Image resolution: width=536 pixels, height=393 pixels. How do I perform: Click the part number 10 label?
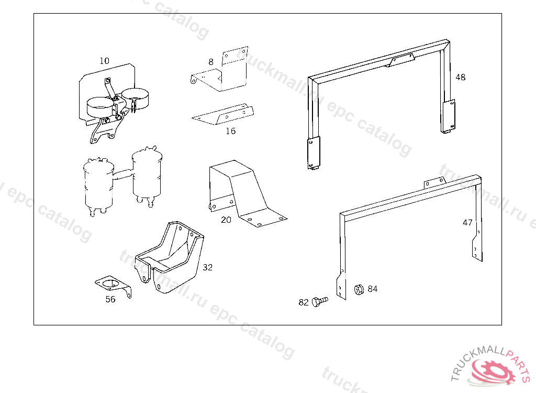click(105, 61)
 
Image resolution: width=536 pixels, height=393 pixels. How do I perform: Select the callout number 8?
click(211, 62)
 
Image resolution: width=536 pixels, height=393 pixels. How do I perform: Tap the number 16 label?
click(230, 131)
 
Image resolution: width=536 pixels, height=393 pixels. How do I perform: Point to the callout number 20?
click(226, 220)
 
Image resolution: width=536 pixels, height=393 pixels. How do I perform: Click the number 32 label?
click(208, 267)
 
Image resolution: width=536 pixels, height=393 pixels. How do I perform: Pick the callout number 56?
click(110, 299)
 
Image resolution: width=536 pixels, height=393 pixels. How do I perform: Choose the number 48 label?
click(460, 77)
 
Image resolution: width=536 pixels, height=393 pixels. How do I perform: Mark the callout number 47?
click(467, 222)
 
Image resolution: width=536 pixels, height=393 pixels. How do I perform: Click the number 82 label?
click(304, 302)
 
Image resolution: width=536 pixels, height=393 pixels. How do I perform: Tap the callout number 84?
click(372, 289)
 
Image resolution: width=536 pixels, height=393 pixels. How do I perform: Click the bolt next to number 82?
click(319, 301)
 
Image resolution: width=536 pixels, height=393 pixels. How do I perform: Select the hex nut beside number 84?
click(359, 289)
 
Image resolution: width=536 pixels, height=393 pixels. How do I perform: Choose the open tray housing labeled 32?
click(170, 257)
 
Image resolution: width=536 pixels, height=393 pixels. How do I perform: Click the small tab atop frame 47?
click(434, 182)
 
